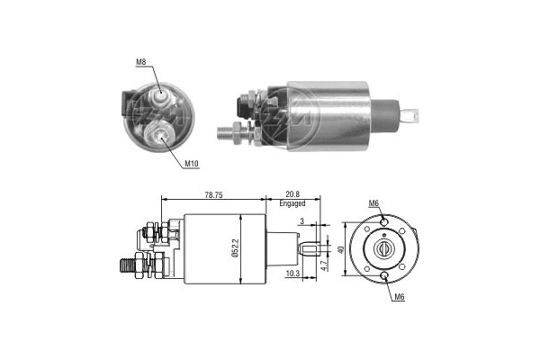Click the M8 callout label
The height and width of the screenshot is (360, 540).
coord(141,63)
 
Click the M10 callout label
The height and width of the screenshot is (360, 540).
coord(191,164)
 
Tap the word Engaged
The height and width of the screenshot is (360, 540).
coord(292,205)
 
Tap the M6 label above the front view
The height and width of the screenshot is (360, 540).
coord(373,203)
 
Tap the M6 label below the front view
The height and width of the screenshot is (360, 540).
coord(397,298)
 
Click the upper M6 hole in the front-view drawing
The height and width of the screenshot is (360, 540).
coord(384,221)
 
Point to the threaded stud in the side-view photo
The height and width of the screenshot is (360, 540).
coord(232,131)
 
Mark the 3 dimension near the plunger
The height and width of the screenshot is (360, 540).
coord(303,220)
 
